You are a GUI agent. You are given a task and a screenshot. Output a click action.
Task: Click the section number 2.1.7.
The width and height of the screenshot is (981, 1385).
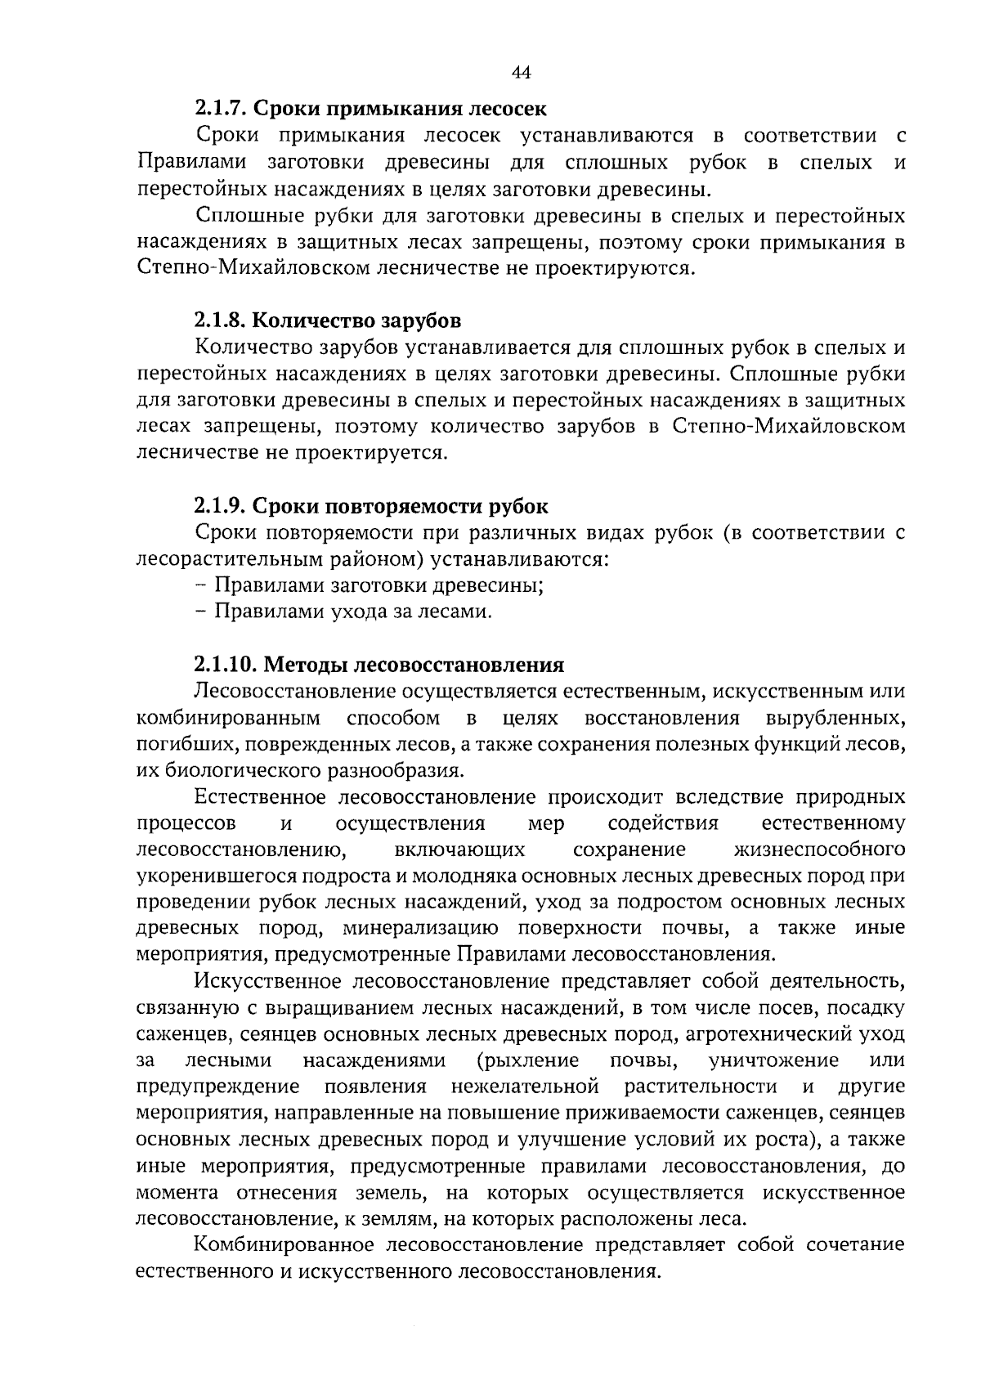pyautogui.click(x=221, y=108)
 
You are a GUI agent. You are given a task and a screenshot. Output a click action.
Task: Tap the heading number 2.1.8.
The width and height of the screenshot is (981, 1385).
pyautogui.click(x=221, y=320)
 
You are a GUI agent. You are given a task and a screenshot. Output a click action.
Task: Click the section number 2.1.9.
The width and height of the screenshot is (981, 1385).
pyautogui.click(x=221, y=506)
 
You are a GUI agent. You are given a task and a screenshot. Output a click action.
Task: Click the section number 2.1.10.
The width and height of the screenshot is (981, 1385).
pyautogui.click(x=226, y=665)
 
